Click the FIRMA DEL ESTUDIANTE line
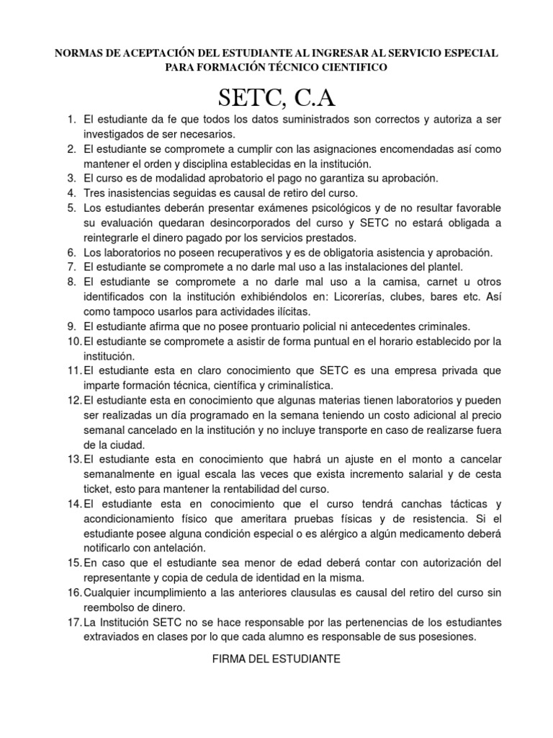click(x=276, y=659)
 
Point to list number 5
click(x=71, y=208)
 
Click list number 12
click(x=74, y=400)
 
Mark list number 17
click(x=74, y=622)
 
